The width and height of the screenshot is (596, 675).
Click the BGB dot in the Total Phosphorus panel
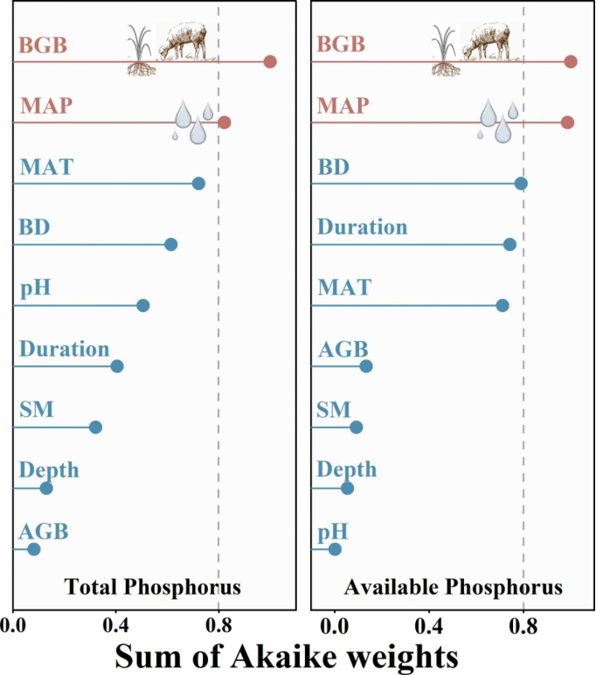pyautogui.click(x=270, y=61)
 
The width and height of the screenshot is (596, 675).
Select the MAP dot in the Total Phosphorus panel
pyautogui.click(x=224, y=122)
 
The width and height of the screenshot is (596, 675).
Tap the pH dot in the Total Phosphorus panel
pyautogui.click(x=143, y=305)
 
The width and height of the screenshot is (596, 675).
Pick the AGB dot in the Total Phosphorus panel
pyautogui.click(x=34, y=549)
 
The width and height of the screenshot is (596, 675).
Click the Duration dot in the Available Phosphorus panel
pyautogui.click(x=509, y=244)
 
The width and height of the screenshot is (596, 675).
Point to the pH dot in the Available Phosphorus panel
pyautogui.click(x=335, y=549)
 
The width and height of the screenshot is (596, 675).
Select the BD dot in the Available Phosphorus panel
pyautogui.click(x=521, y=183)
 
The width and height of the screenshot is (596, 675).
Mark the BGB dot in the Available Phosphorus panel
pyautogui.click(x=571, y=61)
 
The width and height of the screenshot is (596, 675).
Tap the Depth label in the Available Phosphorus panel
pyautogui.click(x=347, y=470)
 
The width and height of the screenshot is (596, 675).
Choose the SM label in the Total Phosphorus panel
pyautogui.click(x=37, y=408)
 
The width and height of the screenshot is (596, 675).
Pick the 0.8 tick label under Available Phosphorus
pyautogui.click(x=523, y=625)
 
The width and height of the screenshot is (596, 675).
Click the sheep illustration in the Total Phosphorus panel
pyautogui.click(x=184, y=42)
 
